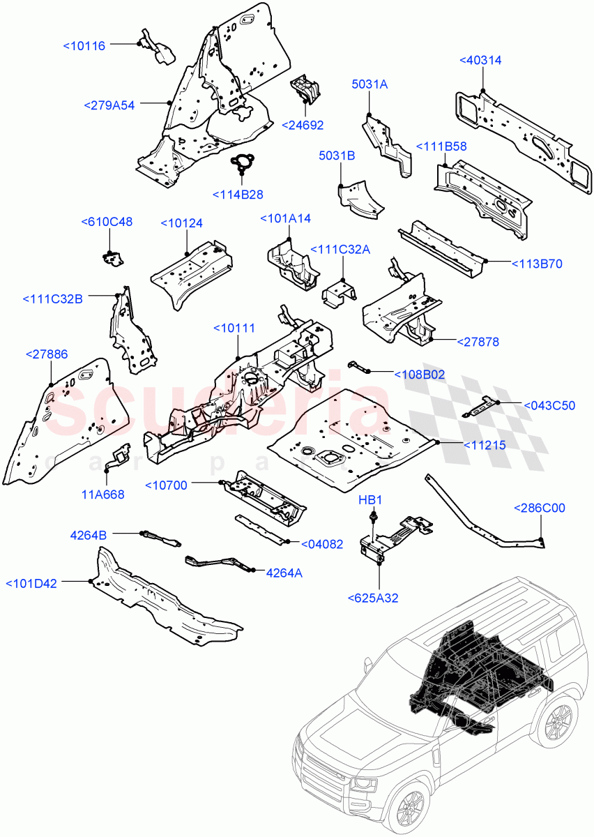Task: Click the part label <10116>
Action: pos(84,45)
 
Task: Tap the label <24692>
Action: pos(303,125)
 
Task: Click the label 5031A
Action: pos(370,84)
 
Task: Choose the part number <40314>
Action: pos(480,61)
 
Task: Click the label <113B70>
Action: pos(537,264)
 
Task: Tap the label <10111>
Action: pos(234,328)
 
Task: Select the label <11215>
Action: pos(480,444)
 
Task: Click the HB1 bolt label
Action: pos(370,500)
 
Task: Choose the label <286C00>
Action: pos(540,508)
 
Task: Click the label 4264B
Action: pos(88,535)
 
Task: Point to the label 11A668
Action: pos(103,495)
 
